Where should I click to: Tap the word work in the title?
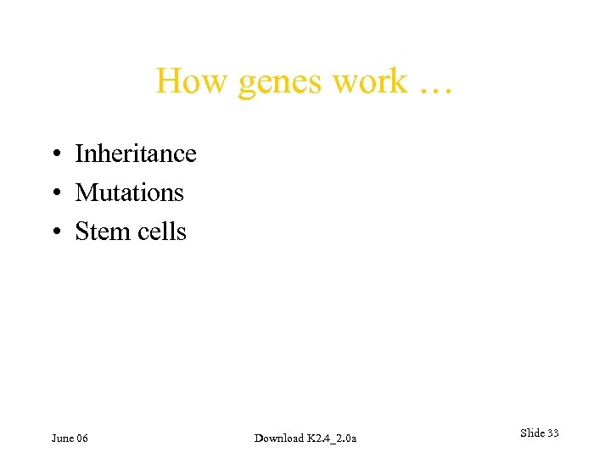click(x=370, y=82)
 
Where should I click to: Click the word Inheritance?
click(x=136, y=154)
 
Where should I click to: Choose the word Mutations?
click(x=129, y=193)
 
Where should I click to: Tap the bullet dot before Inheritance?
click(x=54, y=154)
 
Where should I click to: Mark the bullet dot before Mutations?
click(x=54, y=193)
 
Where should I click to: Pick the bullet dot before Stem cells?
click(x=54, y=232)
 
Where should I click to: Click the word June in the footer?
click(x=62, y=438)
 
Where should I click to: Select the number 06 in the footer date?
click(x=81, y=438)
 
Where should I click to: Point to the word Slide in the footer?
click(x=532, y=433)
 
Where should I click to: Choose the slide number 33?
click(x=553, y=433)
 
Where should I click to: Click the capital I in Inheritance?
click(x=79, y=154)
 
